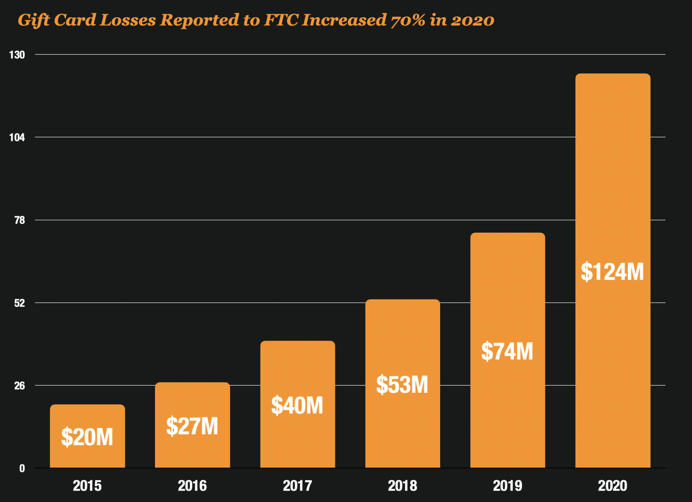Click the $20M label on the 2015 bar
tap(87, 437)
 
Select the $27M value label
tap(192, 426)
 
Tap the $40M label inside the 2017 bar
tap(297, 405)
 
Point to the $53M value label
tap(402, 384)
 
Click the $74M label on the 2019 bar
tap(507, 351)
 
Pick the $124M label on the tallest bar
tap(612, 271)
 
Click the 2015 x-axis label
tap(87, 486)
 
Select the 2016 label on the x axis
tap(192, 486)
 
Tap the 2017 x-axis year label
tap(298, 486)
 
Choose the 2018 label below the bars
tap(402, 486)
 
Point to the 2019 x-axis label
tap(508, 486)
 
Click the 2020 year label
tap(613, 486)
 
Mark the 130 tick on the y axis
tap(17, 55)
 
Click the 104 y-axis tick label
tap(17, 137)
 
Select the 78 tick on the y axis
tap(19, 220)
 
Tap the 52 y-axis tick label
tap(19, 303)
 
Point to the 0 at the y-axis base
tap(22, 468)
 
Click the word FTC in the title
tap(281, 20)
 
